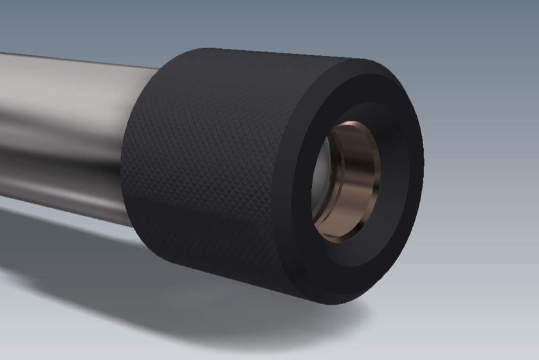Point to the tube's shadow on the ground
coord(64,244)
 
